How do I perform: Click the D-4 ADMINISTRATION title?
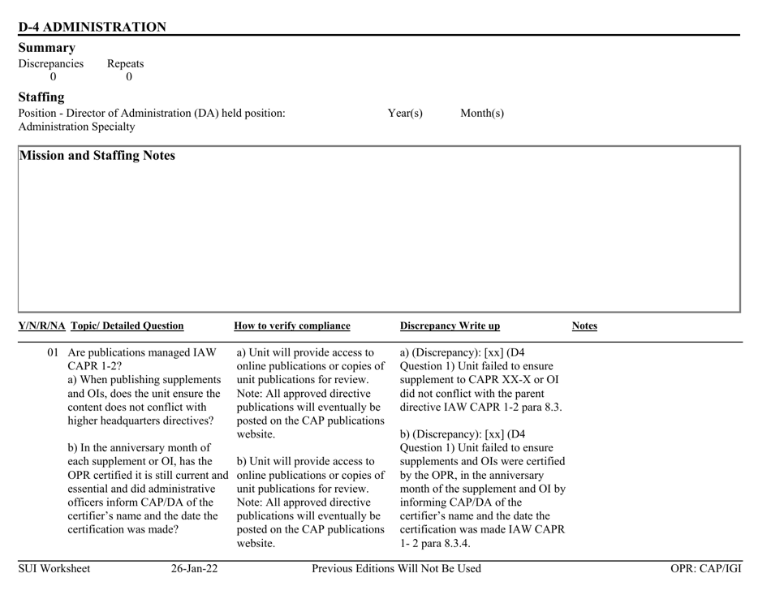point(92,27)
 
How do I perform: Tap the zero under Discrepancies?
point(54,77)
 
